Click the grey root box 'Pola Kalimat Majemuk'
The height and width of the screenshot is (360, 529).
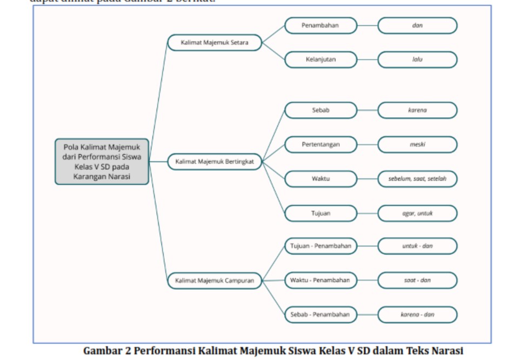102,162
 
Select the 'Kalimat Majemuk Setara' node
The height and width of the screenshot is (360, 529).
215,43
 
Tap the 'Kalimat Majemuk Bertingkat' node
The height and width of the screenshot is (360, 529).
215,162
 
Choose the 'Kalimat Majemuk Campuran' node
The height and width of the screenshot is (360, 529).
215,281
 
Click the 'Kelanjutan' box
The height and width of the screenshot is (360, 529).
320,59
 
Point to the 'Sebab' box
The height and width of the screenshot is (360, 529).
320,110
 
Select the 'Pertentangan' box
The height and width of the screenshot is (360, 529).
320,145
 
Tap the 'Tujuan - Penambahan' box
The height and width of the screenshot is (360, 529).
320,246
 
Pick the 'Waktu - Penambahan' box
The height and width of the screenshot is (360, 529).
320,280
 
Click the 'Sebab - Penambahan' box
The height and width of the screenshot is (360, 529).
320,314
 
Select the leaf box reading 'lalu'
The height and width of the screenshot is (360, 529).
417,59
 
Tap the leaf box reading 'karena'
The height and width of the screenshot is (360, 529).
417,110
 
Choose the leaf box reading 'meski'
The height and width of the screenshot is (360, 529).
417,145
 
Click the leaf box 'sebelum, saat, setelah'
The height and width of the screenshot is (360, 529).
417,179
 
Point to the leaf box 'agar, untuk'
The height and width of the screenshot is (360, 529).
417,213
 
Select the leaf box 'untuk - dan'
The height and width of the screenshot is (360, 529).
417,246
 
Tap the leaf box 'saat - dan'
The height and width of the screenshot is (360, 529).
417,280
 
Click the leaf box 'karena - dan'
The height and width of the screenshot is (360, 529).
417,314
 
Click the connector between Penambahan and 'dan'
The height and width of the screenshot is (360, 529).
367,25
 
